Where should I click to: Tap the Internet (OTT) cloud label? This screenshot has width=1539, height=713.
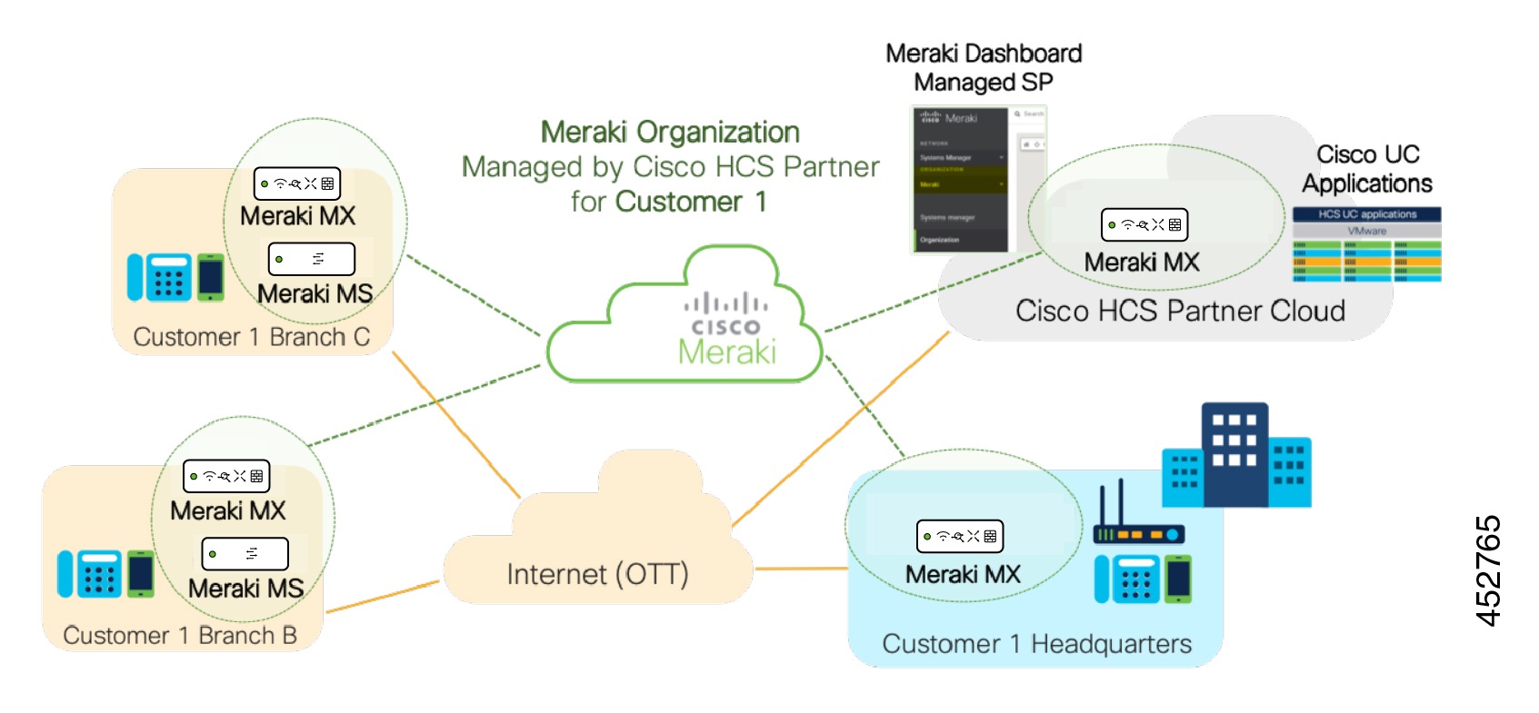tap(597, 574)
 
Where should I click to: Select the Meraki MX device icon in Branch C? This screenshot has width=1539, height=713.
tap(296, 183)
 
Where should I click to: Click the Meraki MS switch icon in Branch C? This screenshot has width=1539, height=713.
tap(311, 259)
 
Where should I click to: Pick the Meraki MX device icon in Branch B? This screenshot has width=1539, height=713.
tap(226, 476)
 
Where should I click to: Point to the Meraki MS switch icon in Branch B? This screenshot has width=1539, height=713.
tap(245, 553)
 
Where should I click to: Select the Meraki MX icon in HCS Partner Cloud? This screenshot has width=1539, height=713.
tap(1144, 224)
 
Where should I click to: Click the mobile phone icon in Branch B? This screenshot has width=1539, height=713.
tap(140, 574)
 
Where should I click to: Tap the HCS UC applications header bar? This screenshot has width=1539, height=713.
tap(1366, 214)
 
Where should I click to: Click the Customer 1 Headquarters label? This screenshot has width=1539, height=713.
tap(1036, 644)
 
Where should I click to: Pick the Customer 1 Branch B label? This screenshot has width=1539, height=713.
tap(180, 635)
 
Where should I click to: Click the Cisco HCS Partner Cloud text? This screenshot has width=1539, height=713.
tap(1179, 311)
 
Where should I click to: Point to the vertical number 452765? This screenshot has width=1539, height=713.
tap(1487, 570)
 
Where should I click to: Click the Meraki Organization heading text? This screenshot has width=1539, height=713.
tap(670, 133)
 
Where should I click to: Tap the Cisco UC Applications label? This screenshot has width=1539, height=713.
tap(1366, 169)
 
